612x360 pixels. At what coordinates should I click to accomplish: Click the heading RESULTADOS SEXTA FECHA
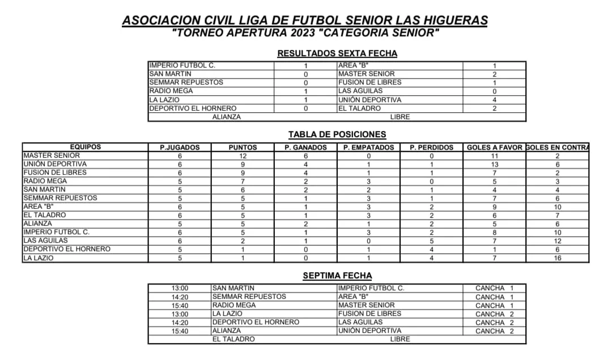click(x=337, y=53)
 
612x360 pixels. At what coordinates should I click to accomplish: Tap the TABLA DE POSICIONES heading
click(x=337, y=134)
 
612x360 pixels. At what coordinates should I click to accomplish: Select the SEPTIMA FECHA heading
click(x=337, y=276)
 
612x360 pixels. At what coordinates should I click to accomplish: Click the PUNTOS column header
click(x=243, y=147)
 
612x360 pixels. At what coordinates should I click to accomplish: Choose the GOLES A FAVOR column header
click(x=494, y=147)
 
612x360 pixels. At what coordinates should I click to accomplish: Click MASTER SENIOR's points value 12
click(x=243, y=155)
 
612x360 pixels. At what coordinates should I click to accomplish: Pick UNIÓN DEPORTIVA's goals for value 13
click(x=494, y=164)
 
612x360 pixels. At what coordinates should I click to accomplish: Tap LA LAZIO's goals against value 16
click(x=558, y=258)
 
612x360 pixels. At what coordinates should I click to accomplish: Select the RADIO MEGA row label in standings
click(x=45, y=181)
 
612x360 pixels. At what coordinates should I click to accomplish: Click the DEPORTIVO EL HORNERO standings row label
click(x=67, y=249)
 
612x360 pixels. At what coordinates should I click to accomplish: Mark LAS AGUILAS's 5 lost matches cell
click(x=431, y=241)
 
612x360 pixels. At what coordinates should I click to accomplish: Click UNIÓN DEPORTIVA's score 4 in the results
click(x=494, y=100)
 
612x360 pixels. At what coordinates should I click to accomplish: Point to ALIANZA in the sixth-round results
click(x=226, y=117)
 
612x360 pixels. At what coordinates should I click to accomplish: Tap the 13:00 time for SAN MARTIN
click(x=180, y=288)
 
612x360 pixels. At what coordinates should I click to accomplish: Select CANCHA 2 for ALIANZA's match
click(x=494, y=331)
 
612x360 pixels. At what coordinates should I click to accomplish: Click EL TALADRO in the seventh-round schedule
click(x=233, y=339)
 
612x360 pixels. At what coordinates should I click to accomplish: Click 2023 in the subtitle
click(x=301, y=32)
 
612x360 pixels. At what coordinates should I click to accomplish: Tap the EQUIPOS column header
click(x=85, y=147)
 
